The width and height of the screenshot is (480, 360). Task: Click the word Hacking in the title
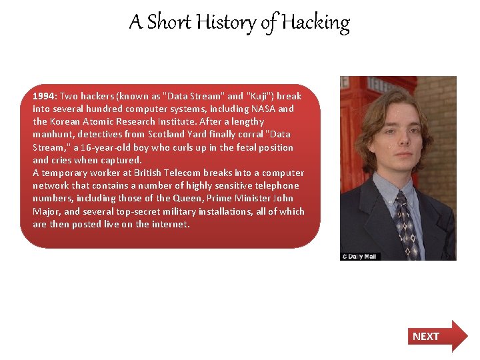coord(315,23)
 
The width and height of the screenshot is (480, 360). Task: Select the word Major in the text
coord(46,211)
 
